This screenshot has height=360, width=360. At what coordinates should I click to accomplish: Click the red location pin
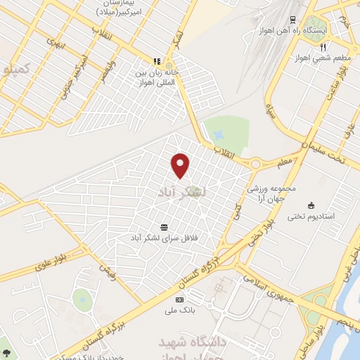(181, 165)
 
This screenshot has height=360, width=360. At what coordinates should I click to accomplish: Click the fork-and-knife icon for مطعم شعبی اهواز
(323, 48)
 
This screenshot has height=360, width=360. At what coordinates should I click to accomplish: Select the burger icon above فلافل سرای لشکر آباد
(164, 226)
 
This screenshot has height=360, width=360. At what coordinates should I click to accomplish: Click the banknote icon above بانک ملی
(178, 300)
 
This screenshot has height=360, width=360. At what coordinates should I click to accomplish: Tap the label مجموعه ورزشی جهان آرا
(274, 193)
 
